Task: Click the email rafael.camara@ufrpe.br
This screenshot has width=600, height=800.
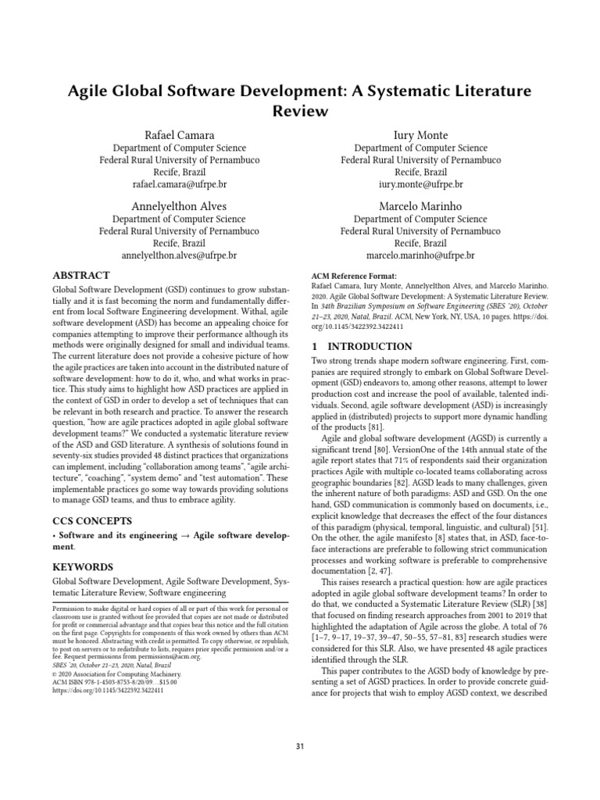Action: click(179, 184)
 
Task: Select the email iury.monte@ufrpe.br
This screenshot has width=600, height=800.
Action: click(420, 184)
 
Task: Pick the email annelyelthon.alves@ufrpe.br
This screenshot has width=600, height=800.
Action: click(179, 255)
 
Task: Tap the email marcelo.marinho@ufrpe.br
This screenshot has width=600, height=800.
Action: click(420, 255)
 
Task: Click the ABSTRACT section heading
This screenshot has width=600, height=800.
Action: click(80, 276)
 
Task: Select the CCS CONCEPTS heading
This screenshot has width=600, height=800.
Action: click(91, 520)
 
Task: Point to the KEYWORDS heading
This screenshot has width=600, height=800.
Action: click(83, 566)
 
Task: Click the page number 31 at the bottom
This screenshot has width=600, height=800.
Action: click(300, 748)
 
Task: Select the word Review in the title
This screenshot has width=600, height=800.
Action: click(300, 111)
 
